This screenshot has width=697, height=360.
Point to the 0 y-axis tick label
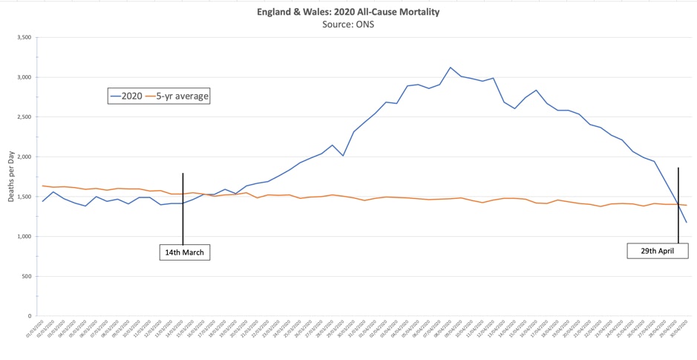28,316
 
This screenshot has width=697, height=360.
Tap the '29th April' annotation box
657,251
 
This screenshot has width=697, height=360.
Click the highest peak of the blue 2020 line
450,68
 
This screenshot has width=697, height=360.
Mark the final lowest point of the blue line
686,223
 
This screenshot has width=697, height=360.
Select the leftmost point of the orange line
43,186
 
